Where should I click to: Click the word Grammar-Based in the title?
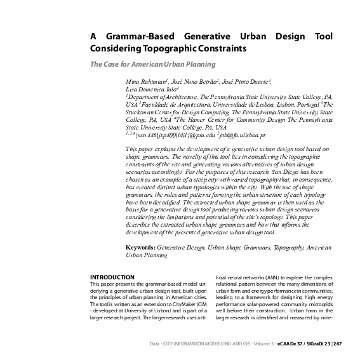136,36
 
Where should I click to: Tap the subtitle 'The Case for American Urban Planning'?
152,64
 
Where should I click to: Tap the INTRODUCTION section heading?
112,277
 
